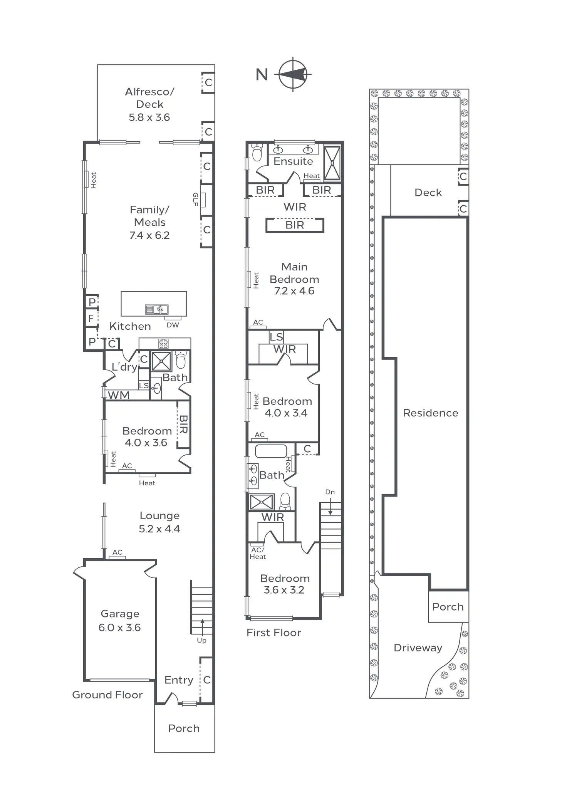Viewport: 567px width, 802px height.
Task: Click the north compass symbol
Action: [294, 74]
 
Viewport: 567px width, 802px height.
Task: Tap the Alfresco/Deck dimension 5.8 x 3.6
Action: [149, 117]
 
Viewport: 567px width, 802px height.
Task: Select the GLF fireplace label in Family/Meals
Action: [195, 200]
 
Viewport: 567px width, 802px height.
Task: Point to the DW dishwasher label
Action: [173, 325]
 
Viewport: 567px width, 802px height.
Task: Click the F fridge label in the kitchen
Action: [91, 318]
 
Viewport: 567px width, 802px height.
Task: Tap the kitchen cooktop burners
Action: [163, 344]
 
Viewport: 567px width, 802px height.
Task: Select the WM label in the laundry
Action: [119, 395]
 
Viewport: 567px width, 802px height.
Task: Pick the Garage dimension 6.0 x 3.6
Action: [120, 628]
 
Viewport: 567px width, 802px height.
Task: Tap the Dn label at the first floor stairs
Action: [330, 492]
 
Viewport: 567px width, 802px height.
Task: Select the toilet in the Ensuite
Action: [257, 152]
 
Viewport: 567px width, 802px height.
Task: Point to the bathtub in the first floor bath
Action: [271, 451]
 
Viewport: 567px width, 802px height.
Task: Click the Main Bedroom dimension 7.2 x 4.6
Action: [294, 291]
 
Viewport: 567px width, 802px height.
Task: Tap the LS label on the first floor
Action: [276, 337]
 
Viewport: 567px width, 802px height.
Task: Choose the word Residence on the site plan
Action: [431, 413]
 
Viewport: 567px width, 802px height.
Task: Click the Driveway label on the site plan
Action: [418, 648]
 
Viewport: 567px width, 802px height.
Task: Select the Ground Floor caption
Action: [107, 695]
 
